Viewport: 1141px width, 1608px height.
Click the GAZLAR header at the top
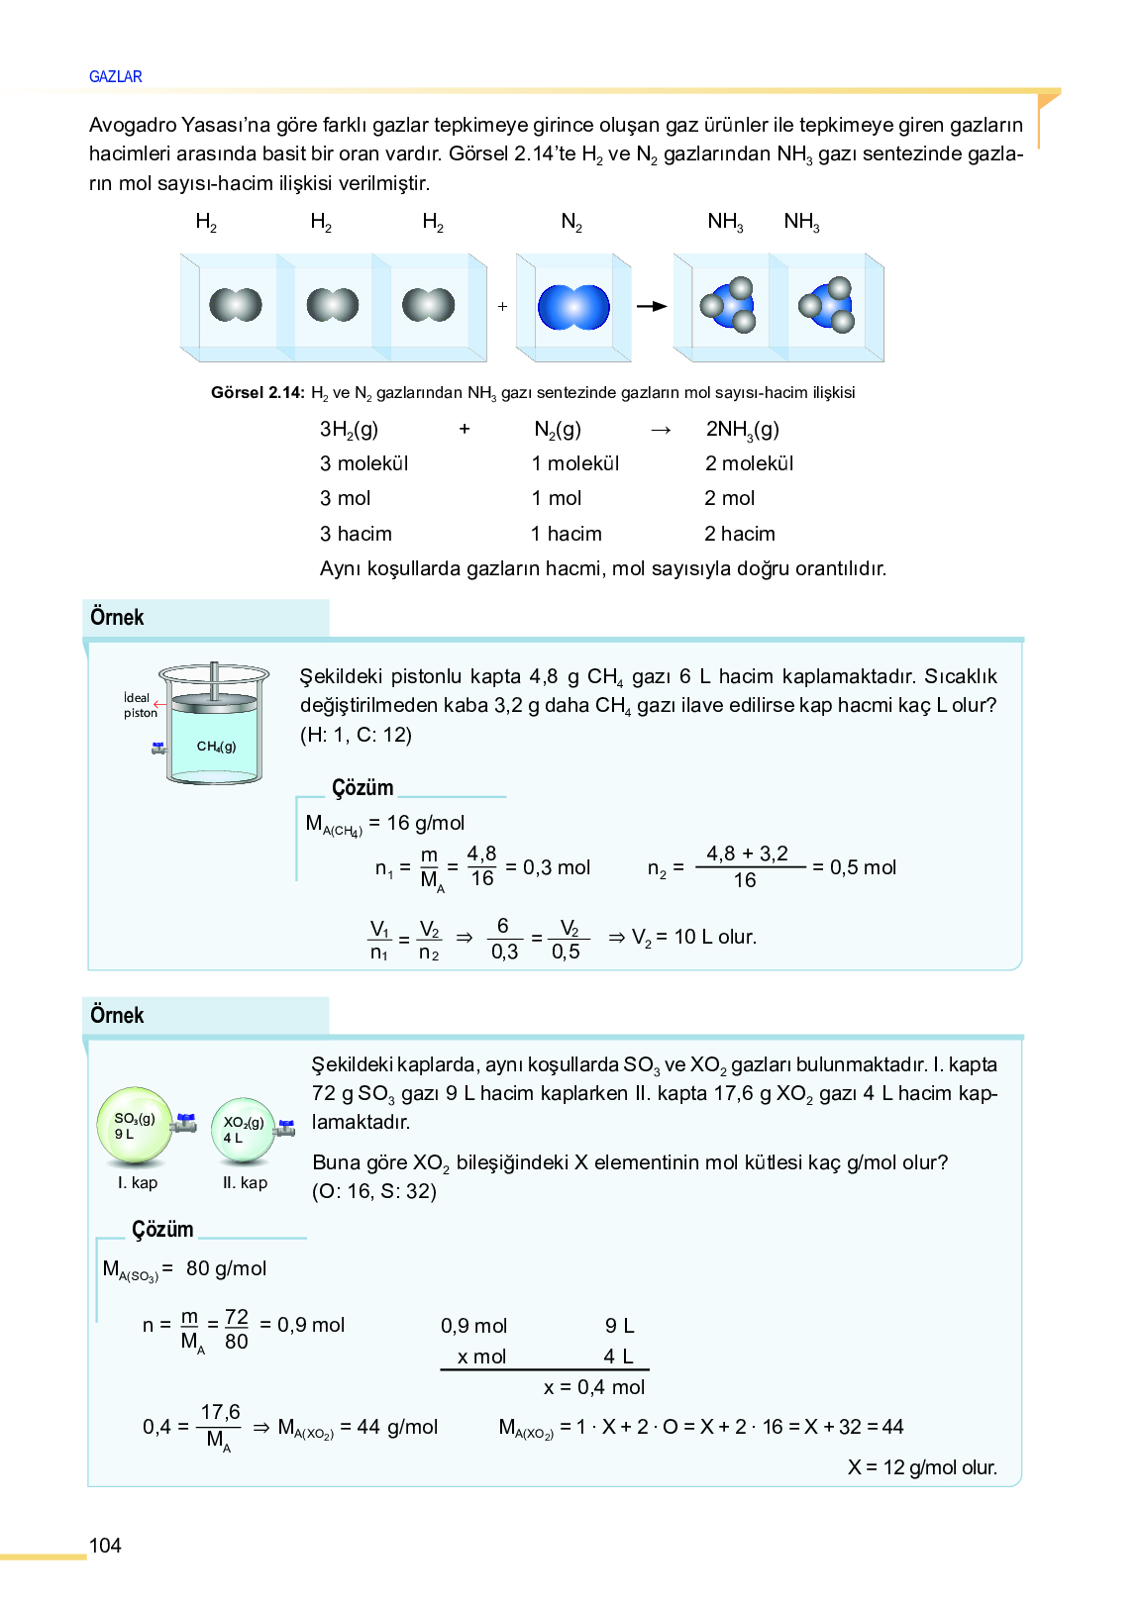click(x=115, y=76)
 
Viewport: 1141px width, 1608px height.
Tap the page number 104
click(x=105, y=1545)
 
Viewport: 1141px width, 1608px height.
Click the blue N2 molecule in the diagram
click(x=573, y=307)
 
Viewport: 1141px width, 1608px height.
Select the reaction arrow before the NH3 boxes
click(x=652, y=307)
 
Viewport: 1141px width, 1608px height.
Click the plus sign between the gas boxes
click(x=502, y=307)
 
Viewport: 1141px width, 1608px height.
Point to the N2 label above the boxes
click(x=571, y=222)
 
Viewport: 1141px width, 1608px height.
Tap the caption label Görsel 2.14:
click(x=258, y=392)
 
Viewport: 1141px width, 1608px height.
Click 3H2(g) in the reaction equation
click(x=349, y=429)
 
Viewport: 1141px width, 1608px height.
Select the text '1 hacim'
click(x=566, y=534)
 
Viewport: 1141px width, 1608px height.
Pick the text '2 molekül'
click(x=749, y=463)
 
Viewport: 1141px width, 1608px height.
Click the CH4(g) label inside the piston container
click(x=216, y=747)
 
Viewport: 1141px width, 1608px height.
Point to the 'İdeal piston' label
click(x=140, y=705)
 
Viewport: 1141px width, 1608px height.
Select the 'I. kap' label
click(x=138, y=1182)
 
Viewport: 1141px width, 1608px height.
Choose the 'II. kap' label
click(x=245, y=1182)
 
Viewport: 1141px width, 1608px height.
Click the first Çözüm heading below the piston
click(x=363, y=788)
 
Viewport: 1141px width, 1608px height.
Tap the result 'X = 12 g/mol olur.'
click(x=922, y=1467)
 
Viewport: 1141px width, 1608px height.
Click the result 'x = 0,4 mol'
click(x=594, y=1387)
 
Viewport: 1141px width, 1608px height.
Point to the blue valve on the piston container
click(x=158, y=748)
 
